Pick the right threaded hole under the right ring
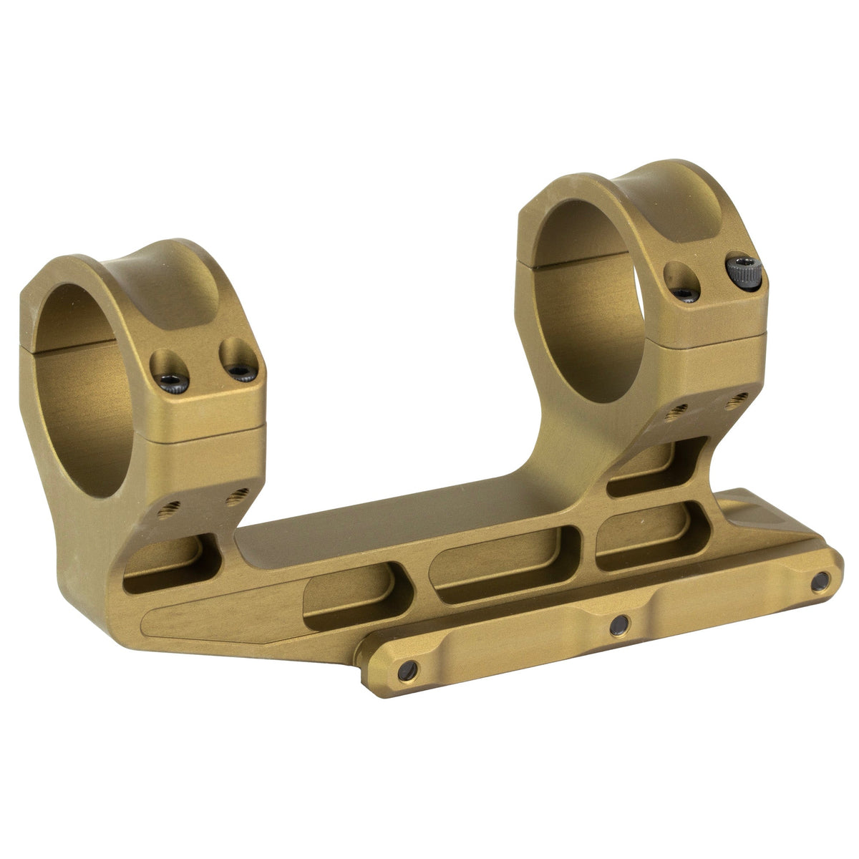pyautogui.click(x=732, y=402)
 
